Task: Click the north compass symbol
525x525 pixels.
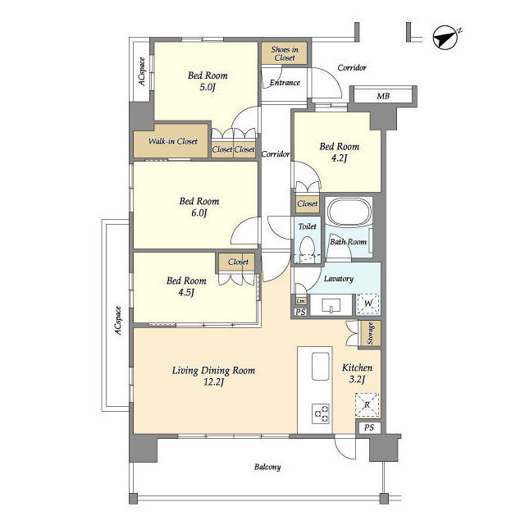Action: tap(446, 37)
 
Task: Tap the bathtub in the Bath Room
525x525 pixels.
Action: tap(349, 212)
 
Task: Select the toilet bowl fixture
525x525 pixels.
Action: tap(307, 248)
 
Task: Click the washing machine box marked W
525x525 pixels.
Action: tap(368, 304)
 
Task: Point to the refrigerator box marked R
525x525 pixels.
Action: tap(367, 404)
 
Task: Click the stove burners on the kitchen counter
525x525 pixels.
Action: tap(321, 413)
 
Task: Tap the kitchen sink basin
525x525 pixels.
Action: tap(320, 366)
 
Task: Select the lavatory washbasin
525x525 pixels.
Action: tap(331, 305)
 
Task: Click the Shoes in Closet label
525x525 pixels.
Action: tap(285, 53)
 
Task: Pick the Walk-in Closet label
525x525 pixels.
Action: tap(173, 141)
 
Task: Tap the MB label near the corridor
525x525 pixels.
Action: tap(383, 97)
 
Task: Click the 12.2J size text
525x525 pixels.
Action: tap(213, 382)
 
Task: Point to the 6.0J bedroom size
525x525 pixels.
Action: tap(199, 212)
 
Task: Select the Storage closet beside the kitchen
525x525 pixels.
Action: tap(370, 334)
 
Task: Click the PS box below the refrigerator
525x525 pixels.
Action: tap(368, 427)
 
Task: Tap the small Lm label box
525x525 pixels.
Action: tap(301, 301)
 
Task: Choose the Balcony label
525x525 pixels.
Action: tap(267, 467)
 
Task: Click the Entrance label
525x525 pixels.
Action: tap(285, 83)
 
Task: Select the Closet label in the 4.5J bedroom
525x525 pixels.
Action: tap(239, 262)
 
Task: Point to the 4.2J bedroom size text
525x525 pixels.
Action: tap(339, 158)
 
